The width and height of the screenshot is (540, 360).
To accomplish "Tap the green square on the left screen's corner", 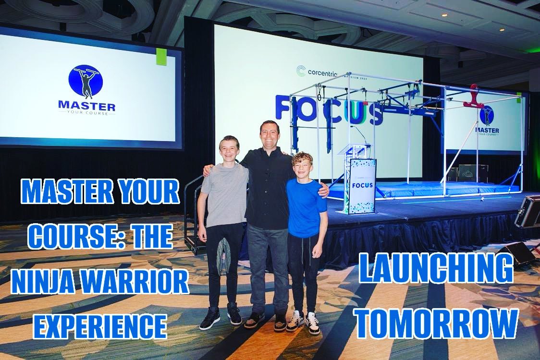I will [x=161, y=57].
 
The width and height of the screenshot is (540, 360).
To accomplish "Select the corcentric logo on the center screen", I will [x=317, y=72].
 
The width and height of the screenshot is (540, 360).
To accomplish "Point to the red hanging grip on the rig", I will [x=474, y=98].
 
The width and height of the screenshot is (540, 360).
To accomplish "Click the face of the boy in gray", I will [x=229, y=150].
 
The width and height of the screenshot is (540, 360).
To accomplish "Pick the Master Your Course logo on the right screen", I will [x=487, y=120].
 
